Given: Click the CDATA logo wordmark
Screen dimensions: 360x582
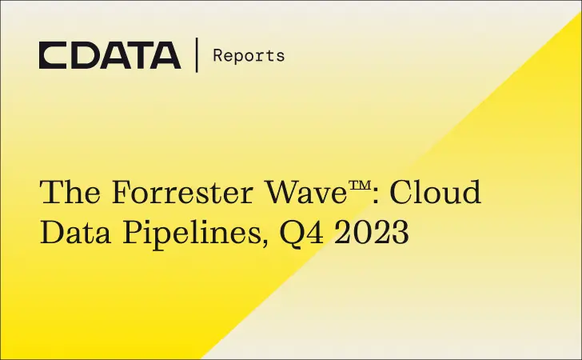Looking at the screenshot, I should pos(110,55).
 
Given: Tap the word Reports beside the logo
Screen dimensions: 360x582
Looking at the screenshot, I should pos(248,55).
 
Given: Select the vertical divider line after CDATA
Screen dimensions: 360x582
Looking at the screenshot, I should pos(197,55).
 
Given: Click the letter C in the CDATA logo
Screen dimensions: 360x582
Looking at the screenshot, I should pos(53,55).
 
